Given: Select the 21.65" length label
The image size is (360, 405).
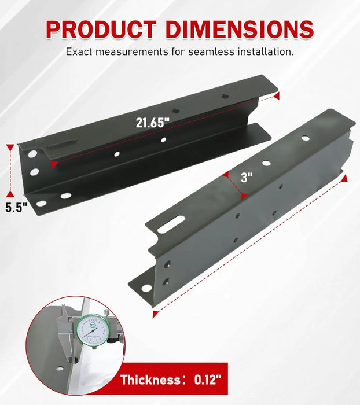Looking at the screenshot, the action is point(153,123).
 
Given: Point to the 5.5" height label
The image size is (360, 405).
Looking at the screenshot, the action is point(17,208).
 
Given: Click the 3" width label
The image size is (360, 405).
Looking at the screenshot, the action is point(247,178).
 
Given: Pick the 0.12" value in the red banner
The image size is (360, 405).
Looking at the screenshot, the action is point(208,380).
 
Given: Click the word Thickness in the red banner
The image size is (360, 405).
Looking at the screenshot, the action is point(151,380).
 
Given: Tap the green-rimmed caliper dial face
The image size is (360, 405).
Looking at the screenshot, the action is point(91,330).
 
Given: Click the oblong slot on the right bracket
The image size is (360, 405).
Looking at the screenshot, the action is point(171,224).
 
